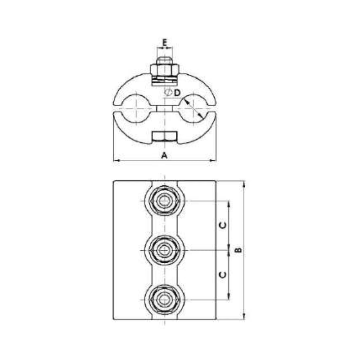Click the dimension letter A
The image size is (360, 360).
[165, 155]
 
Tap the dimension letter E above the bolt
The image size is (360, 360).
[165, 43]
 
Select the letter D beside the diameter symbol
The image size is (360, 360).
[178, 93]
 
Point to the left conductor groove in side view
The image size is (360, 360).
[133, 108]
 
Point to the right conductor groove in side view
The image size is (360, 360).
[196, 108]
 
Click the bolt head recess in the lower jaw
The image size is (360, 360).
[165, 136]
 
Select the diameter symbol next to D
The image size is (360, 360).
[168, 92]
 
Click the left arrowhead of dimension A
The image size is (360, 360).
[115, 160]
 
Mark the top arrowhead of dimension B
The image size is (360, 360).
[244, 184]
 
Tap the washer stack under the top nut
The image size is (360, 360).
[165, 80]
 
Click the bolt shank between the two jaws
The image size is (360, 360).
[165, 108]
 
